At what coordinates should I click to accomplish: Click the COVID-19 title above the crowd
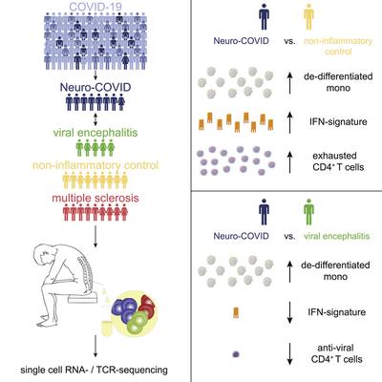pos(95,7)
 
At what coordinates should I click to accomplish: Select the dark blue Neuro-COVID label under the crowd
pos(95,87)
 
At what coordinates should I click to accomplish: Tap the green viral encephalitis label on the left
pos(95,132)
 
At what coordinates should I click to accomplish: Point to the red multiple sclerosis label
pos(95,198)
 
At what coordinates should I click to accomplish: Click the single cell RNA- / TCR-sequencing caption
pos(94,370)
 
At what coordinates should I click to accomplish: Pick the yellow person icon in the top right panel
pos(308,18)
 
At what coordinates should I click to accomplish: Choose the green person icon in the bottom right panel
pos(308,212)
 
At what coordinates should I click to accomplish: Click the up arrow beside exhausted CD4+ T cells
pos(289,162)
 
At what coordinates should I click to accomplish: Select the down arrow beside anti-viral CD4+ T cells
pos(289,354)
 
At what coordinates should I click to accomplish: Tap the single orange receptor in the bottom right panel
pos(236,313)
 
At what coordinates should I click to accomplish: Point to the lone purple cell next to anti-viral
pos(236,354)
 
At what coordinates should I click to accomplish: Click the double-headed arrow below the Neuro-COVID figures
pos(95,119)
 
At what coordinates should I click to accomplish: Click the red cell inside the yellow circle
pos(146,306)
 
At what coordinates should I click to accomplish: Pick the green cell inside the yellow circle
pos(138,322)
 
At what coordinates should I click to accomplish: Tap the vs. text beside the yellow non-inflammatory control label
pos(289,41)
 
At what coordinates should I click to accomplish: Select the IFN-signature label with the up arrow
pos(338,121)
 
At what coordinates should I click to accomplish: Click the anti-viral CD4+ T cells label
pos(336,353)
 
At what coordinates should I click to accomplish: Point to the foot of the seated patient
pos(46,324)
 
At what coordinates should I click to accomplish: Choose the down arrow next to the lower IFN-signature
pos(289,312)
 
